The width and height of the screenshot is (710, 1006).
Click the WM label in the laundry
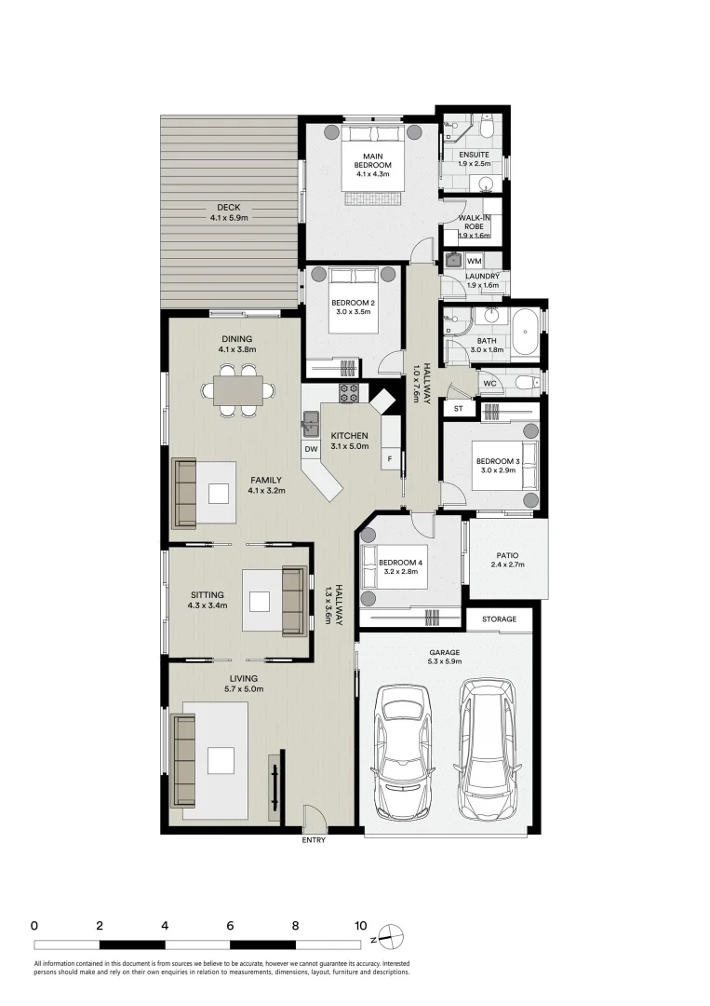pos(475,261)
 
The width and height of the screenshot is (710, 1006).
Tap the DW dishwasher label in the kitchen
pos(311,449)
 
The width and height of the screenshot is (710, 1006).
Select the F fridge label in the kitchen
pos(390,458)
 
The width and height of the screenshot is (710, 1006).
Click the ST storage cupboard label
pos(458,409)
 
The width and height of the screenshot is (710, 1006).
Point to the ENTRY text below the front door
pos(314,840)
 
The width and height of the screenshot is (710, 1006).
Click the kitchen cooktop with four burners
pos(349,393)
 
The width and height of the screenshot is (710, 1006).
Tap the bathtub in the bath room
pos(525,332)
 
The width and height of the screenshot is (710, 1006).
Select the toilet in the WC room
pos(529,384)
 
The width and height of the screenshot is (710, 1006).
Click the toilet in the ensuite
pos(487,128)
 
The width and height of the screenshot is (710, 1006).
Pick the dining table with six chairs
pos(237,390)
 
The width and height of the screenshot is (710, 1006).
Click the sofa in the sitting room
pos(294,601)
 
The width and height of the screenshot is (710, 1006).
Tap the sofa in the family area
pos(185,494)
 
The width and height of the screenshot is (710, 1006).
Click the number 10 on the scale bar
pos(361,926)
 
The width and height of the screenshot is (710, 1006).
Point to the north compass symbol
pos(391,937)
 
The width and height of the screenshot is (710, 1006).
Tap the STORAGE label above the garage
pos(499,619)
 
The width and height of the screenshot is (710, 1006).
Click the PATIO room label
pos(507,555)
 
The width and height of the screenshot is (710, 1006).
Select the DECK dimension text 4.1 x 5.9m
pos(229,217)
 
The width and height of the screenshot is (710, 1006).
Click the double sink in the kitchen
pos(312,423)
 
